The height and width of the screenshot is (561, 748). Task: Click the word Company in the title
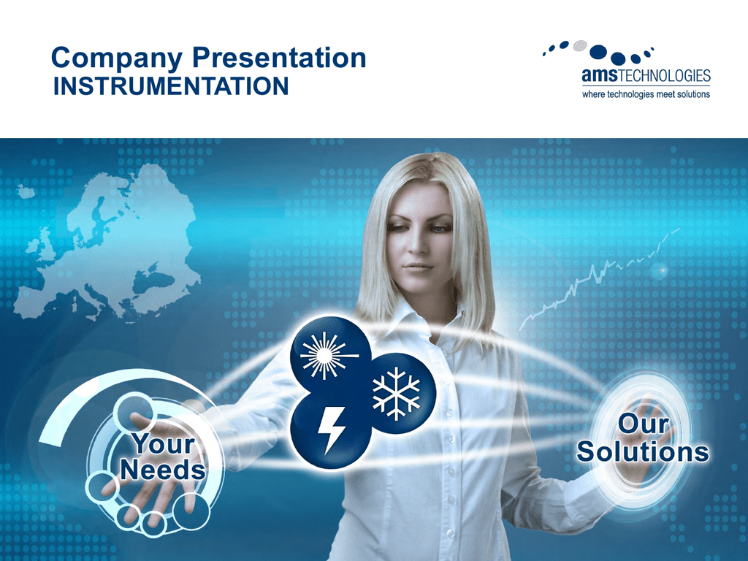pos(116,59)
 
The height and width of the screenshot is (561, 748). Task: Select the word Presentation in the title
pos(279,58)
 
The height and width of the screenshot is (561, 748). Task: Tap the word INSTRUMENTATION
pos(171,86)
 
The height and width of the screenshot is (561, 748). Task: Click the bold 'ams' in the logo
pos(600,75)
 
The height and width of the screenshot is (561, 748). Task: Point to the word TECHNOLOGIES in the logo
pos(665,75)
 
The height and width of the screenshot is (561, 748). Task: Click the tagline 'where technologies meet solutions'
pos(646,94)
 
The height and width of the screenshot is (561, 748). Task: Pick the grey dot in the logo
pos(579,45)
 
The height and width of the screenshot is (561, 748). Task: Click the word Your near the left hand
pos(164,443)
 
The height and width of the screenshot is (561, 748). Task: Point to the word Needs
pos(163,470)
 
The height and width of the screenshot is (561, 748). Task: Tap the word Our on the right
pos(643,424)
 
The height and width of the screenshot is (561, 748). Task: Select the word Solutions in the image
pos(643,451)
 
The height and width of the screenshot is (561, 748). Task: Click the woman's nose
pos(420,242)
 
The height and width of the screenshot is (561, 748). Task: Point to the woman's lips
pos(418,267)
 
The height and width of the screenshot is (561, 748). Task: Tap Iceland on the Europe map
pos(26,191)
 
